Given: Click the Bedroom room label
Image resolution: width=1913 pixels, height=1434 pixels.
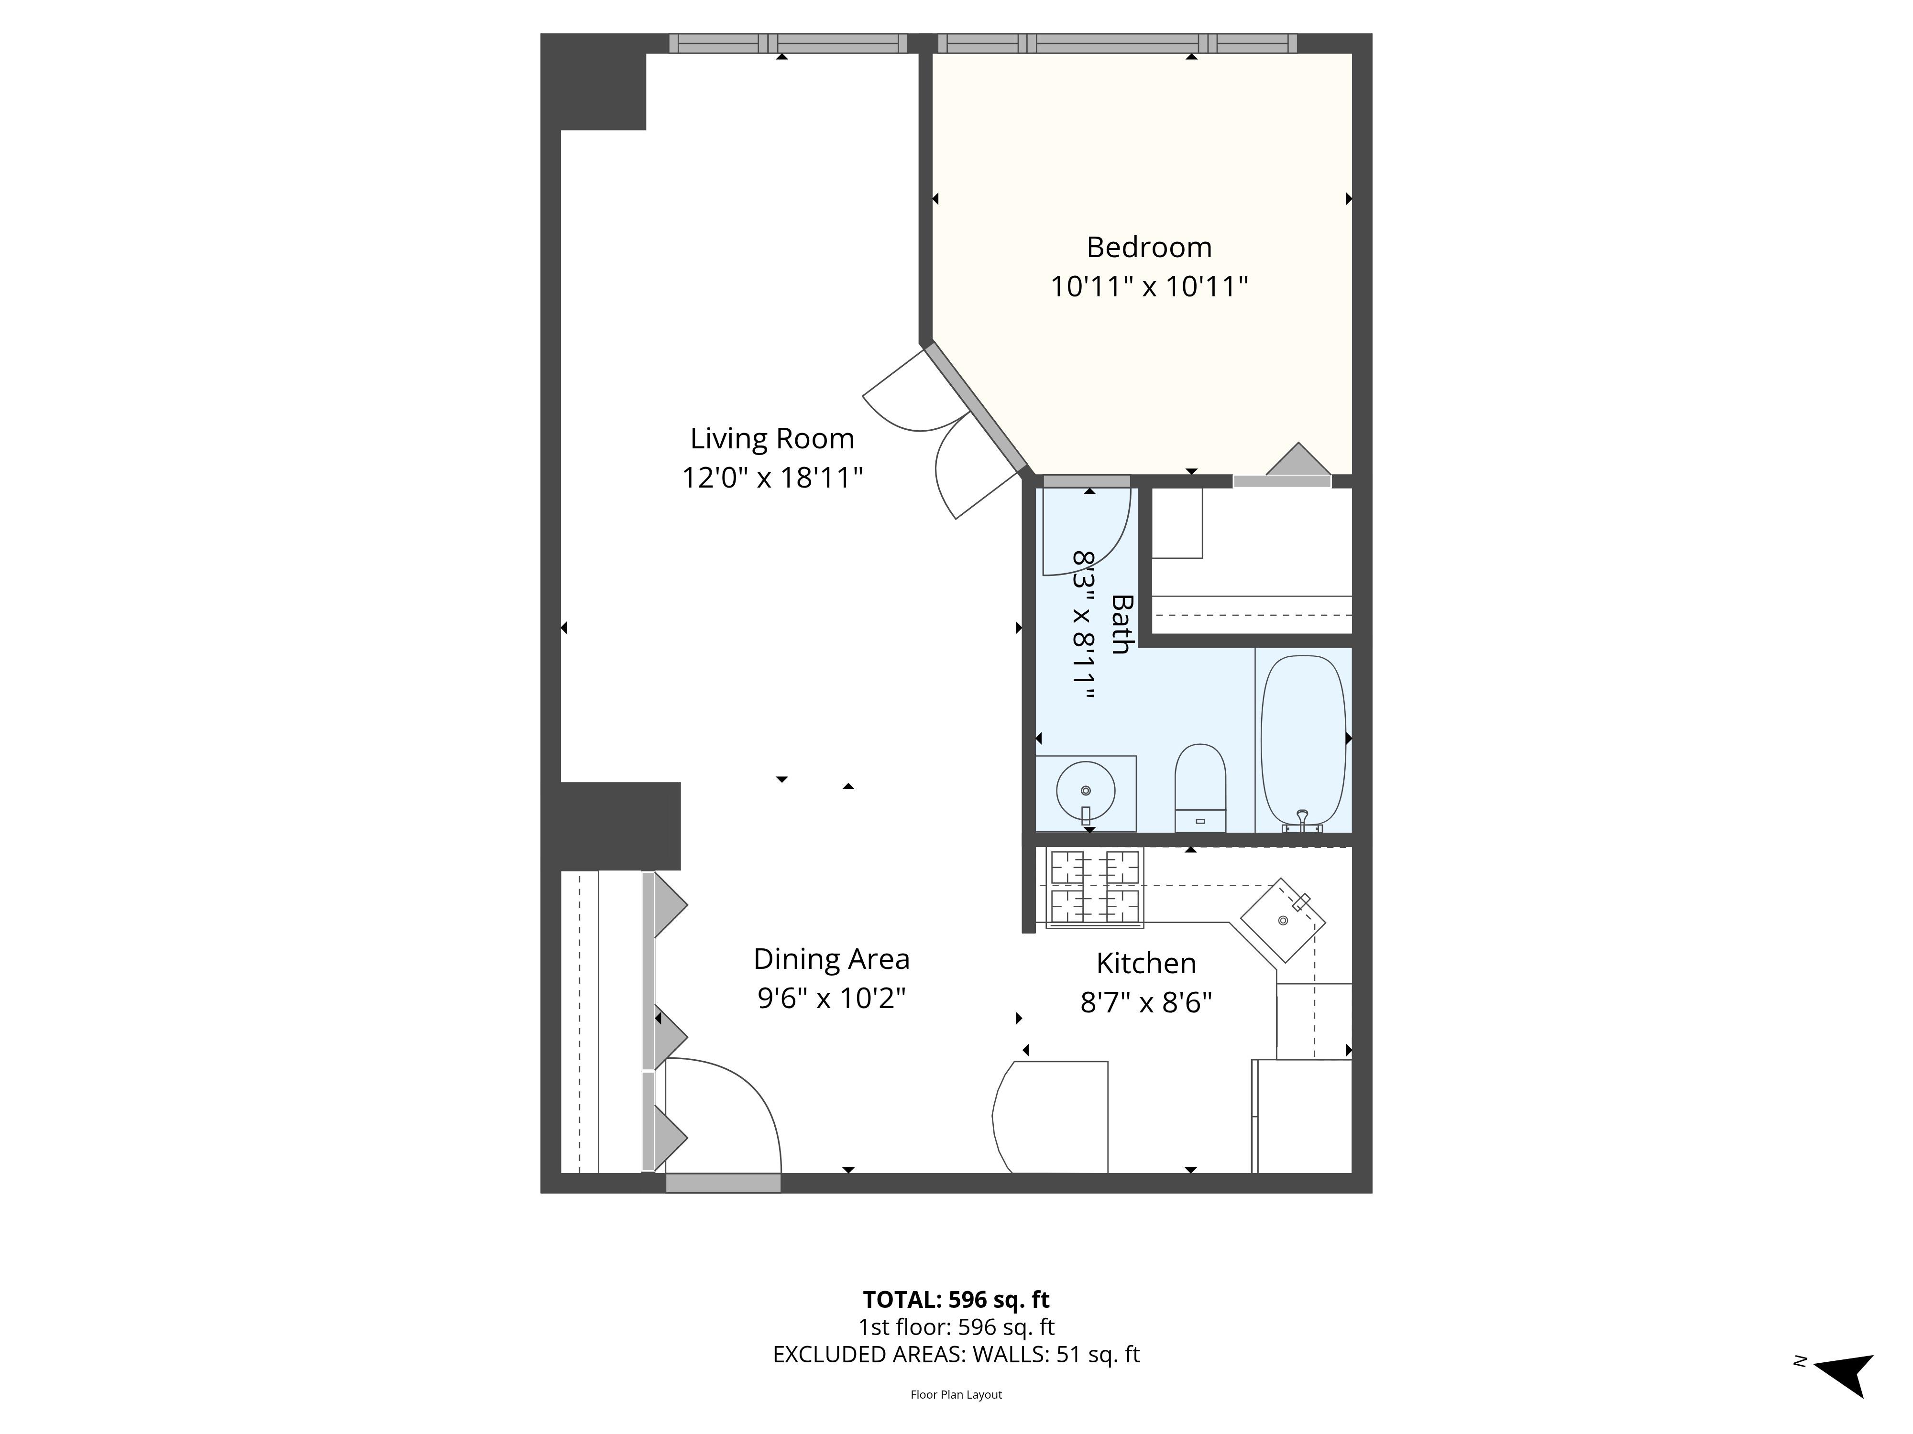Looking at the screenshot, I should [x=1148, y=247].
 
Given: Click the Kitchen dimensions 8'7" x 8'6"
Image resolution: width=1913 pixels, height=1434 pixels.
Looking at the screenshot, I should [x=1146, y=1003].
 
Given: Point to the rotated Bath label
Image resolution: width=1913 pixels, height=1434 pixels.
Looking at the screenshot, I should [x=1121, y=623].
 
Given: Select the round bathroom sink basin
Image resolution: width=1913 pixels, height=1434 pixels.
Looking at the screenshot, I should [x=1085, y=790].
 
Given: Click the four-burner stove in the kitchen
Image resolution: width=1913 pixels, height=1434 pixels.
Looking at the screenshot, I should [x=1094, y=889].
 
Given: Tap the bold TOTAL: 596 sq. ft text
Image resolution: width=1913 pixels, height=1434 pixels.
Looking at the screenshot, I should [x=956, y=1299].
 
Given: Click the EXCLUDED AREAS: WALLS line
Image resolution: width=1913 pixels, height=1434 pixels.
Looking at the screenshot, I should [x=956, y=1355].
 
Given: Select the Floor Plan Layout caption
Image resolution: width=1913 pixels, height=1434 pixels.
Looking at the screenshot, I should [x=956, y=1394].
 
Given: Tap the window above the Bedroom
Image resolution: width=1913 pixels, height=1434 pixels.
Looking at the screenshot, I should [x=1117, y=43].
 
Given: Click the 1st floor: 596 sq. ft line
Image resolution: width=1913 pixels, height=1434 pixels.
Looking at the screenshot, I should [x=956, y=1327].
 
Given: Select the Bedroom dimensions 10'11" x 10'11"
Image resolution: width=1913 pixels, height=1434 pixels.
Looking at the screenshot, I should [x=1148, y=286].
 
